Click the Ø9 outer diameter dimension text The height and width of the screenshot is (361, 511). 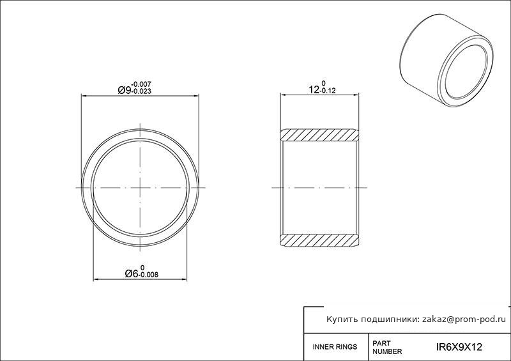124,90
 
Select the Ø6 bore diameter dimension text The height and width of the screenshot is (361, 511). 132,274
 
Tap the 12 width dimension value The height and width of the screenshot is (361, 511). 314,89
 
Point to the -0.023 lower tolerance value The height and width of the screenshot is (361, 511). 141,91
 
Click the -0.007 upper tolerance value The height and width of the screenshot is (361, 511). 141,85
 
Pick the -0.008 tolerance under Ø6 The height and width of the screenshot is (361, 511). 148,275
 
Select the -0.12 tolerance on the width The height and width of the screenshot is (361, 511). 328,91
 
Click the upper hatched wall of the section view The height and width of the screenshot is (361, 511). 320,135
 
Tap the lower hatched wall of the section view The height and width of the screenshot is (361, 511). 320,240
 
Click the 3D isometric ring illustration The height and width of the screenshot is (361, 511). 446,61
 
